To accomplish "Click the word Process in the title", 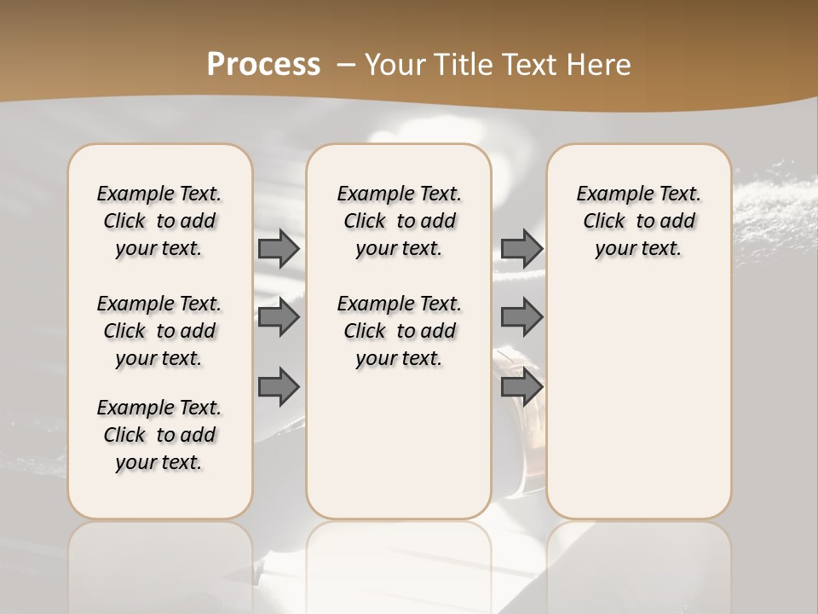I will (x=263, y=64).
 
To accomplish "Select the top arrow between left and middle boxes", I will (x=279, y=248).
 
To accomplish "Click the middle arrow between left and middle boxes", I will (x=279, y=317).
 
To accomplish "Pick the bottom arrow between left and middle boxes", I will (x=279, y=387).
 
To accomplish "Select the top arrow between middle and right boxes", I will (x=521, y=248).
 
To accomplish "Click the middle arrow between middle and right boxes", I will (x=521, y=317).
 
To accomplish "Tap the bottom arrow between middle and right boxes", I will (x=521, y=387).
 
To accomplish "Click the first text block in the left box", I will (x=159, y=221).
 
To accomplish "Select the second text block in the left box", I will (x=159, y=331).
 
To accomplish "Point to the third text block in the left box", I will (x=159, y=435).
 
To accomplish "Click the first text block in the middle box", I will (x=399, y=221).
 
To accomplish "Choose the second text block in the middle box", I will (x=399, y=331).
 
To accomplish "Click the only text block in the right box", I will (x=638, y=221).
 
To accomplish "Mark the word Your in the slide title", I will (x=395, y=65).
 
